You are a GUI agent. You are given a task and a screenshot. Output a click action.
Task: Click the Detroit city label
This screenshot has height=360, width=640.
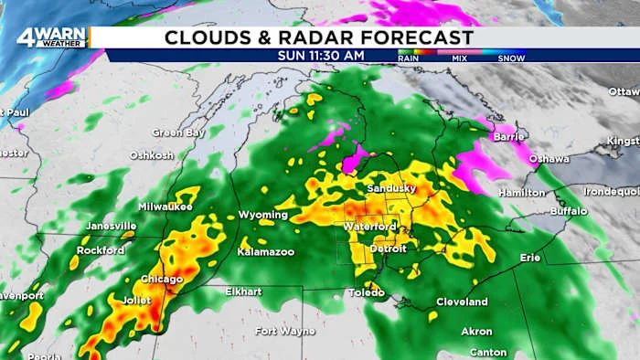coord(388,249)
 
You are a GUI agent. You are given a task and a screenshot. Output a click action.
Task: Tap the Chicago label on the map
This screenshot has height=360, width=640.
coord(162,279)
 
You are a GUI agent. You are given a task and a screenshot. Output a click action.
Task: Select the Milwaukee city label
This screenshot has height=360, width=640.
coord(165,206)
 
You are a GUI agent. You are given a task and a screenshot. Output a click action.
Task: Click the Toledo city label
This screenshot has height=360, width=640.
coord(366,292)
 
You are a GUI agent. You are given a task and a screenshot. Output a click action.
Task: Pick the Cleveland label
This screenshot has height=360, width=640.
coord(462,302)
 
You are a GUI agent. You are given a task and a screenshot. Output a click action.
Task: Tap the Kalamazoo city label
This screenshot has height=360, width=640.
coord(265,250)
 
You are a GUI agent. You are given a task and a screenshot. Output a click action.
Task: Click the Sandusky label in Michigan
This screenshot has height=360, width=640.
coord(391,188)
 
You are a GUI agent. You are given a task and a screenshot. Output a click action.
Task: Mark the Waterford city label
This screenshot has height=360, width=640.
coord(370,227)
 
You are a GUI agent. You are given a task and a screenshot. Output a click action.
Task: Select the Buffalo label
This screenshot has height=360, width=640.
coord(569,210)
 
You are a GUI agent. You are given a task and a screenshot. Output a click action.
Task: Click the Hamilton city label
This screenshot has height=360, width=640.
coord(522,193)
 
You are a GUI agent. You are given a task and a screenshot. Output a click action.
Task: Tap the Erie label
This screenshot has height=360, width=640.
coord(530,258)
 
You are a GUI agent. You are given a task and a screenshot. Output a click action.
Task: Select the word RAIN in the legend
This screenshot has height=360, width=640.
coord(410,57)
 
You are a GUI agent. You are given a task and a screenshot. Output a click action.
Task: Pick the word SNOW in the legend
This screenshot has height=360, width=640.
coord(511,57)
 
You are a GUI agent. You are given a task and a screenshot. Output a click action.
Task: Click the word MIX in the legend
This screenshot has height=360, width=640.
coord(459,57)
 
